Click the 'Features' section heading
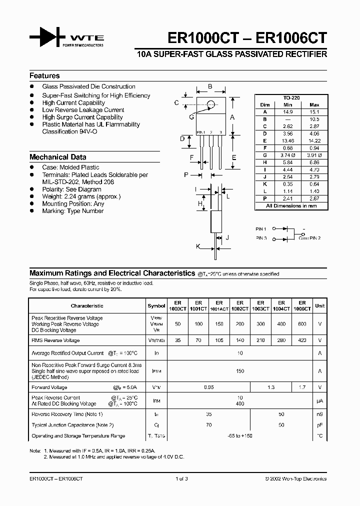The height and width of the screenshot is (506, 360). pos(44,76)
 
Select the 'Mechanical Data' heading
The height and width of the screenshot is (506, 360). pos(57,157)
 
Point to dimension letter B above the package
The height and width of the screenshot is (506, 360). pos(210,86)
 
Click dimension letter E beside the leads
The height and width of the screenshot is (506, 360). pos(234,157)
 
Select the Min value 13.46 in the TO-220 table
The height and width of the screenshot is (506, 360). pos(287,141)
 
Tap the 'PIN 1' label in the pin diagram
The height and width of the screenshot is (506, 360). pos(260,228)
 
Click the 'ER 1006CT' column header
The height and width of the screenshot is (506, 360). pos(302,305)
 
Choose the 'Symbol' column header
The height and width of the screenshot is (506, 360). pos(156,305)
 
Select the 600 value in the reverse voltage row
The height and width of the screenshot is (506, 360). pos(302,324)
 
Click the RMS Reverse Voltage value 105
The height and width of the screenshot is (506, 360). pos(218,340)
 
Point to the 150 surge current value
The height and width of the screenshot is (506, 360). pos(239,371)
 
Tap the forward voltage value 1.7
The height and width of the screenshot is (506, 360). pos(302,387)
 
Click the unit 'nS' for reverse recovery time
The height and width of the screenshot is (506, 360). pos(319,414)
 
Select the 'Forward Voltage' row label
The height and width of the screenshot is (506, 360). pos(49,387)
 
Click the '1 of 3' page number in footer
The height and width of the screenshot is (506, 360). pos(181,478)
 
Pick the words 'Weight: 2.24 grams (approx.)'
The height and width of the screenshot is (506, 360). pos(81,196)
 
